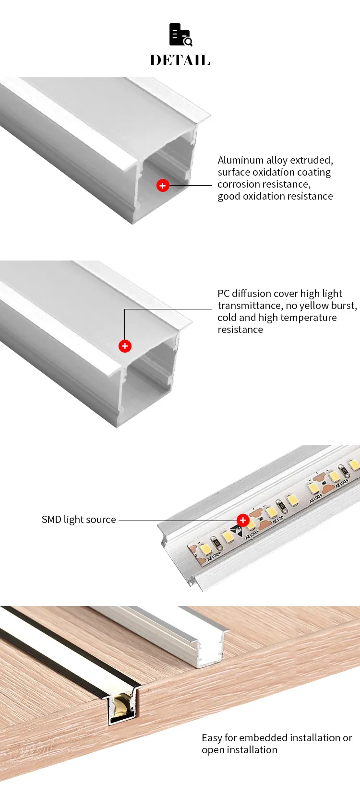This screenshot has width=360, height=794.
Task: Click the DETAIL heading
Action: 180,60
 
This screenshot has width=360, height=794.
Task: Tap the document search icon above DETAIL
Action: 180,35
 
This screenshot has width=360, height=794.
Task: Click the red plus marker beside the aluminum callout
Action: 163,186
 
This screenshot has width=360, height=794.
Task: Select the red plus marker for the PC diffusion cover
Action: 125,346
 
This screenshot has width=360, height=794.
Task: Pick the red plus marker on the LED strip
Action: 243,520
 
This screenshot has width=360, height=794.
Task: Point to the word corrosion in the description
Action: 240,184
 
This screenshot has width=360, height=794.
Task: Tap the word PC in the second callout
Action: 224,294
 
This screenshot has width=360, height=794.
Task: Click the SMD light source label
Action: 79,520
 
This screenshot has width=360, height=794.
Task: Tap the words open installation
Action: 240,750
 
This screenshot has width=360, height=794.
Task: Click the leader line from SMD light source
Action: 178,521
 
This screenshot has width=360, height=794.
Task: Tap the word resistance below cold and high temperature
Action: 240,330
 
